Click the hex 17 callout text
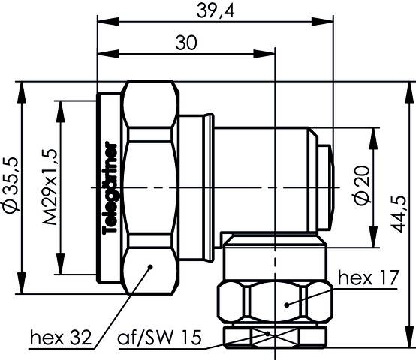pos(366,279)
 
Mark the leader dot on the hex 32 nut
pos(151,265)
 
